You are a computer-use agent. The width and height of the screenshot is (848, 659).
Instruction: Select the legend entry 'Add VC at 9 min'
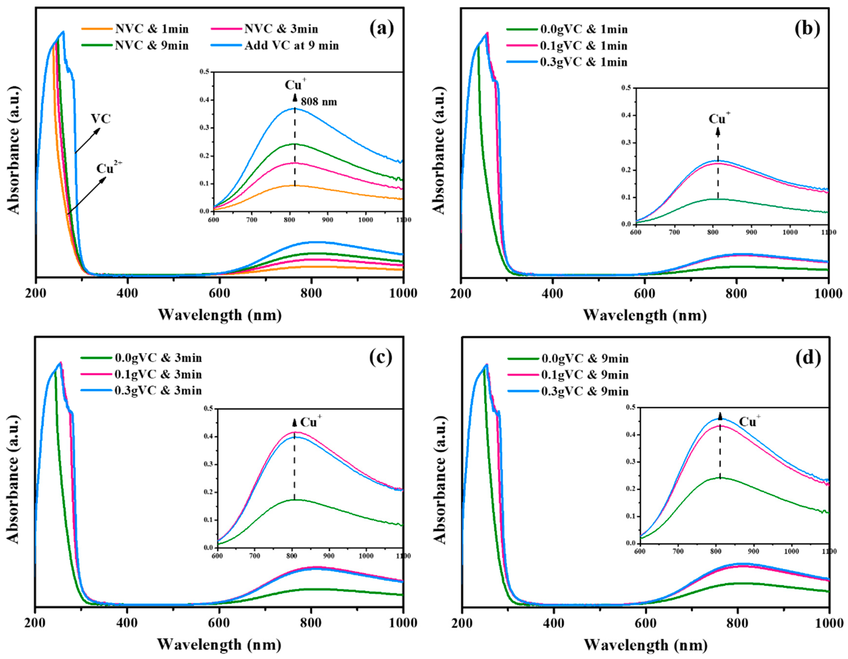pyautogui.click(x=291, y=46)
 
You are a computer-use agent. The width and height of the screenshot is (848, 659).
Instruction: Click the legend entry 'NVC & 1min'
pyautogui.click(x=151, y=29)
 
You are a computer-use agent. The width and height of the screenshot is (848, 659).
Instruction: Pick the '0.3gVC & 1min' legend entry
pyautogui.click(x=583, y=62)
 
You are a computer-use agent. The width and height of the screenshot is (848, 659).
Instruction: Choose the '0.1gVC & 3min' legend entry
pyautogui.click(x=158, y=374)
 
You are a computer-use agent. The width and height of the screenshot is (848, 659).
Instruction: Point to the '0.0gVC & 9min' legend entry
pyautogui.click(x=585, y=358)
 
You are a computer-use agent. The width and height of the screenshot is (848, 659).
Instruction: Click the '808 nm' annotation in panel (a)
pyautogui.click(x=319, y=102)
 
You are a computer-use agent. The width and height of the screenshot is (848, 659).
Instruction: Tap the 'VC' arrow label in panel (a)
pyautogui.click(x=100, y=119)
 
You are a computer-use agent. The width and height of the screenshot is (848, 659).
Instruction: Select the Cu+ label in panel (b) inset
pyautogui.click(x=719, y=118)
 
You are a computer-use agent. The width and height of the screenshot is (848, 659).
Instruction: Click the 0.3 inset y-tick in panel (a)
pyautogui.click(x=204, y=128)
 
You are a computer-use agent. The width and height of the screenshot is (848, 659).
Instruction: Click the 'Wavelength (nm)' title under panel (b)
pyautogui.click(x=645, y=315)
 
